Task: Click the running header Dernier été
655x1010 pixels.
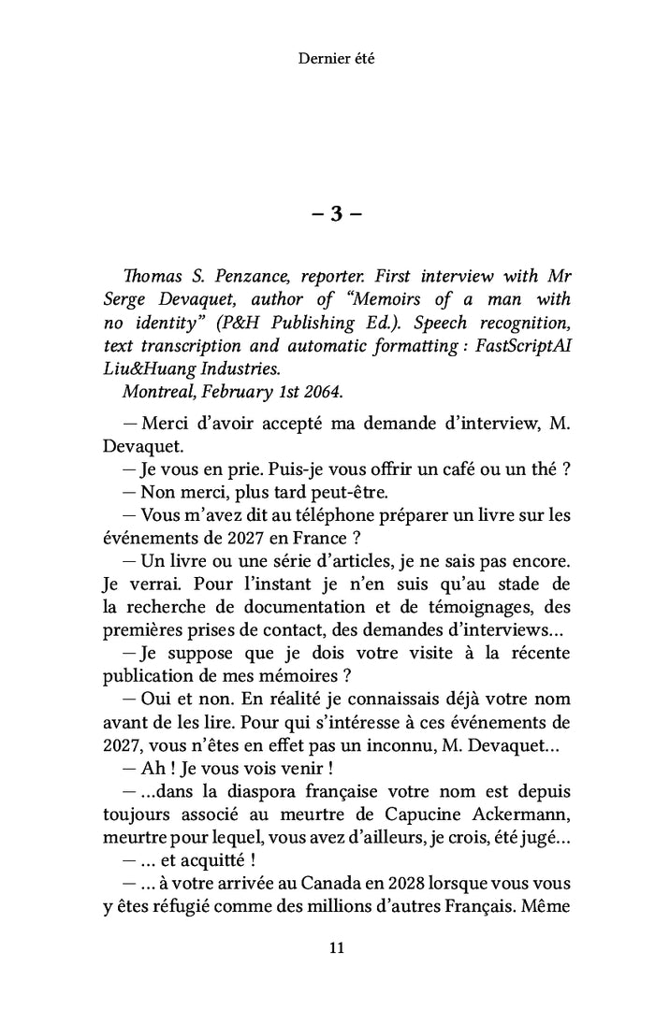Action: pos(336,58)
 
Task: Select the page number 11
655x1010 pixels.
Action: pos(337,948)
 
